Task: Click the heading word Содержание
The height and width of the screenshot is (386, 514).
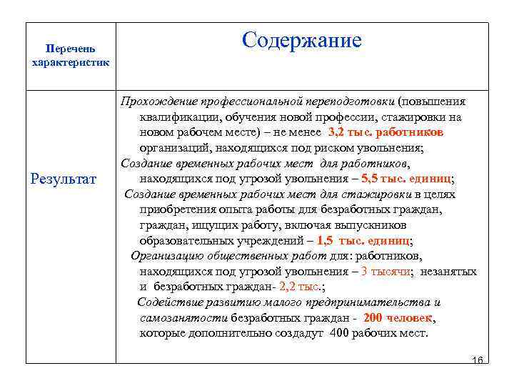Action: (301, 41)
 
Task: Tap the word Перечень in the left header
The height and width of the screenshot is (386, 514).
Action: (69, 49)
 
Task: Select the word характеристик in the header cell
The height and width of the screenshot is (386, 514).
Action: (71, 62)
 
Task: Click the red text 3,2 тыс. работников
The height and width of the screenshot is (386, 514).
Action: (385, 132)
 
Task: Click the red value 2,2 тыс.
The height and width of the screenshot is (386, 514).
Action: (299, 287)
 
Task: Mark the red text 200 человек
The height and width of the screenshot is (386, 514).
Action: (398, 318)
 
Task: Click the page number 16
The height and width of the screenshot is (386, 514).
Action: (478, 357)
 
